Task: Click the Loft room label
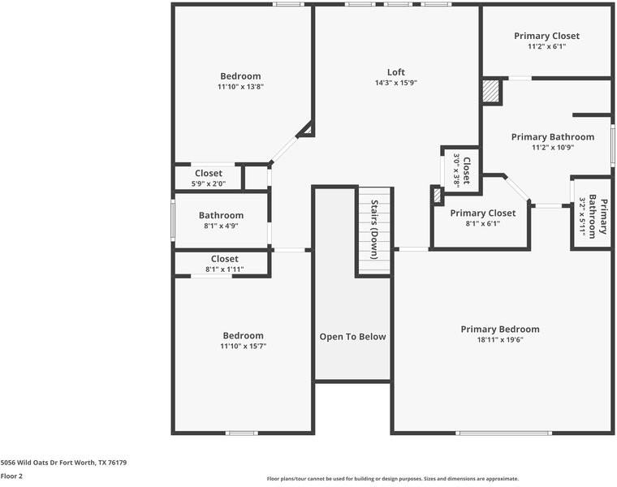coord(396,72)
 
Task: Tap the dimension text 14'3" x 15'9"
coord(396,83)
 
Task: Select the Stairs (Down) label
coord(374,230)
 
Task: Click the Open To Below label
coord(352,337)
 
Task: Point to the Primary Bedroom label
coord(500,330)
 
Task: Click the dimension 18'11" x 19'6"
coord(500,340)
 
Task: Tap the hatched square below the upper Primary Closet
coord(490,92)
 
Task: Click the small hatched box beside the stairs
coord(437,196)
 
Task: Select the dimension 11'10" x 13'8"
coord(240,87)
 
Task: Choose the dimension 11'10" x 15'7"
coord(244,346)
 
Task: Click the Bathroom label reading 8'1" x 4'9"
coord(221,215)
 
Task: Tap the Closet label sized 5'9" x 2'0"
coord(209,173)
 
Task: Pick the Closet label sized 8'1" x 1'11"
coord(225,259)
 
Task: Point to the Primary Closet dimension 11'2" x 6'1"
coord(547,46)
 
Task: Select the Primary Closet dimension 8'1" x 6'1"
coord(483,224)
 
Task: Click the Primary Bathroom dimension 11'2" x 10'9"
coord(553,148)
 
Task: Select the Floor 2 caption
coord(11,476)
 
